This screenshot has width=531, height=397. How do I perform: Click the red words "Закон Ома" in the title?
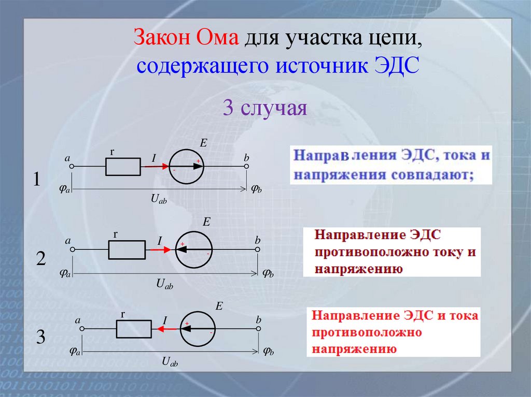186,39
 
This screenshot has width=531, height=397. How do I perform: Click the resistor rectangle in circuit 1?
123,167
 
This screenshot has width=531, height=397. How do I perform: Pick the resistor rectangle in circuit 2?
127,249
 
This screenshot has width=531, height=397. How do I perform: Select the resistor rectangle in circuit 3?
134,329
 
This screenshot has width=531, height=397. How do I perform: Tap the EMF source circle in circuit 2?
194,249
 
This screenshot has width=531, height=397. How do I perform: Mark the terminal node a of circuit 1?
72,167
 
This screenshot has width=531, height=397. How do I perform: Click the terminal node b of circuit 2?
258,249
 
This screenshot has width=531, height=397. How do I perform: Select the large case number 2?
41,259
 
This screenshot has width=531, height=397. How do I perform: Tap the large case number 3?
41,337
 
